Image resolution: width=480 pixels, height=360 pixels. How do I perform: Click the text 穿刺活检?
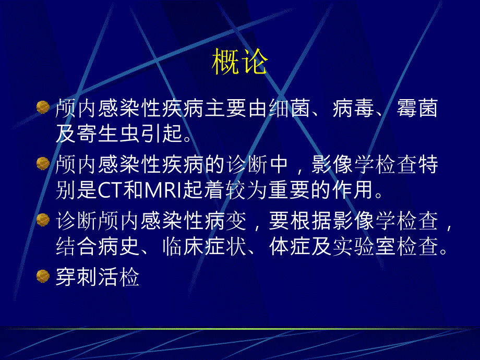pyautogui.click(x=98, y=278)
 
